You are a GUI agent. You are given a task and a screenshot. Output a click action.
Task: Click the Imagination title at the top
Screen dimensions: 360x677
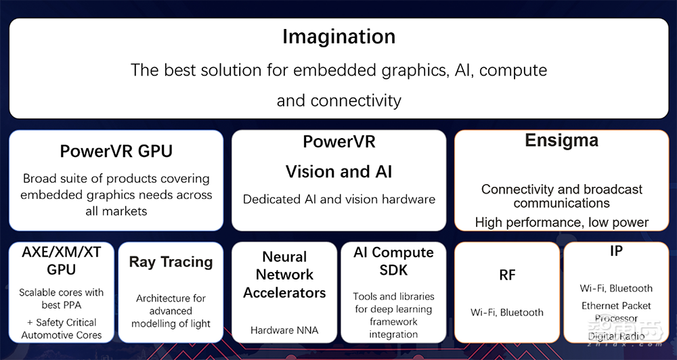[338, 37]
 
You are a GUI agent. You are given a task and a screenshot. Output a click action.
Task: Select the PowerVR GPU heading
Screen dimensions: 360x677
[116, 150]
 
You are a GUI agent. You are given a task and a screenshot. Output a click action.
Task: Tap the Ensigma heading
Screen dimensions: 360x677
[561, 141]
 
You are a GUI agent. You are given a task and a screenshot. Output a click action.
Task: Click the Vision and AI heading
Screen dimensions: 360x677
[338, 172]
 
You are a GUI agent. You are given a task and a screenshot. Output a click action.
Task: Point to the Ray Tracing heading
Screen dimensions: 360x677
[171, 263]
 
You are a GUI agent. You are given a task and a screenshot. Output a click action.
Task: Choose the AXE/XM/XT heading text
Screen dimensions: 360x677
[62, 252]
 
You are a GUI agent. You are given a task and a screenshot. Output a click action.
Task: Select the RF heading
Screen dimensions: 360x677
[507, 275]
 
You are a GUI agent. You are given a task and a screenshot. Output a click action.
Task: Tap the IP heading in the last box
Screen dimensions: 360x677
[616, 251]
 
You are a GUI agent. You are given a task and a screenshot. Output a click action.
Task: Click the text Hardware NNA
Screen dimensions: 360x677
[284, 330]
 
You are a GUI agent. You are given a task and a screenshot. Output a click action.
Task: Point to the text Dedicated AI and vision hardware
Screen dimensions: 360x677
[338, 199]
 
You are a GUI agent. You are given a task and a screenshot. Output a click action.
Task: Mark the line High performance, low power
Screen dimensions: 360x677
[561, 222]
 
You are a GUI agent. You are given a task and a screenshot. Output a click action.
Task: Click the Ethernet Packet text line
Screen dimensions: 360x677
[616, 306]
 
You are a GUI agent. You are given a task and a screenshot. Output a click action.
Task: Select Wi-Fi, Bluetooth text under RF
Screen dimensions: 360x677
[507, 313]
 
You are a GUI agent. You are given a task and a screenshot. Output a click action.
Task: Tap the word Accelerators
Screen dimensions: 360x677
[284, 293]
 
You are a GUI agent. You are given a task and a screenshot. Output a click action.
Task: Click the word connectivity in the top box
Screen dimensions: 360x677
[355, 101]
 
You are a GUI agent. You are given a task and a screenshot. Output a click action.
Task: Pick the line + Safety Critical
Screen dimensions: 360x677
[62, 322]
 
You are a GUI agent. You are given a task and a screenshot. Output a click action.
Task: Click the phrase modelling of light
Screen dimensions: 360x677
[171, 323]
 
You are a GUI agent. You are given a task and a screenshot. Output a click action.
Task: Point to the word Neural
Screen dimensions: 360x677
[284, 257]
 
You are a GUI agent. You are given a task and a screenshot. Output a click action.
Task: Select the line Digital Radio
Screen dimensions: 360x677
[616, 336]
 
